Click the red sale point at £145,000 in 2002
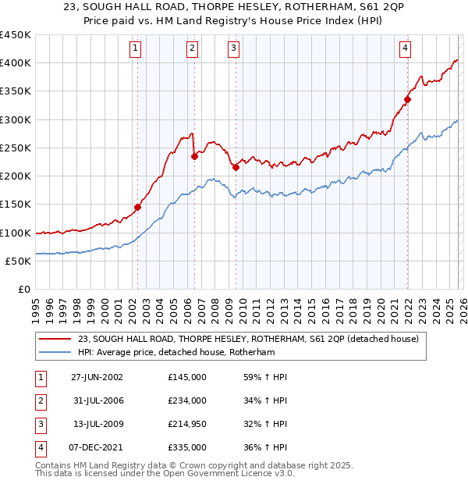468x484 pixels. coord(138,207)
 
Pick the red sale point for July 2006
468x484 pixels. coord(194,156)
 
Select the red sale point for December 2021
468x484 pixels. coord(407,99)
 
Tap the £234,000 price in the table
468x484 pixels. coord(187,400)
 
